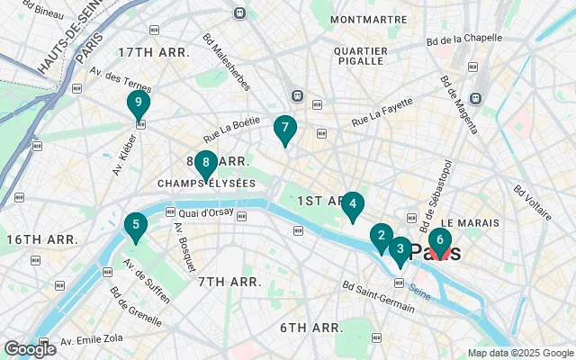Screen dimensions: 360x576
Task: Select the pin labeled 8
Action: point(206,164)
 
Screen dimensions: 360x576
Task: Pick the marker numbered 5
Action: point(135,226)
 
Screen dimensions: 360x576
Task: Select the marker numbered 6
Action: point(439,241)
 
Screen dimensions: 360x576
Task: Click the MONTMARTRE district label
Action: point(368,19)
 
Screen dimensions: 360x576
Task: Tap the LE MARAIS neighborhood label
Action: point(463,221)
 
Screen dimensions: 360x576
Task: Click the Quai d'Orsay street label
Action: point(206,213)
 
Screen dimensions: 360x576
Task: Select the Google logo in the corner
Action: point(30,349)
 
